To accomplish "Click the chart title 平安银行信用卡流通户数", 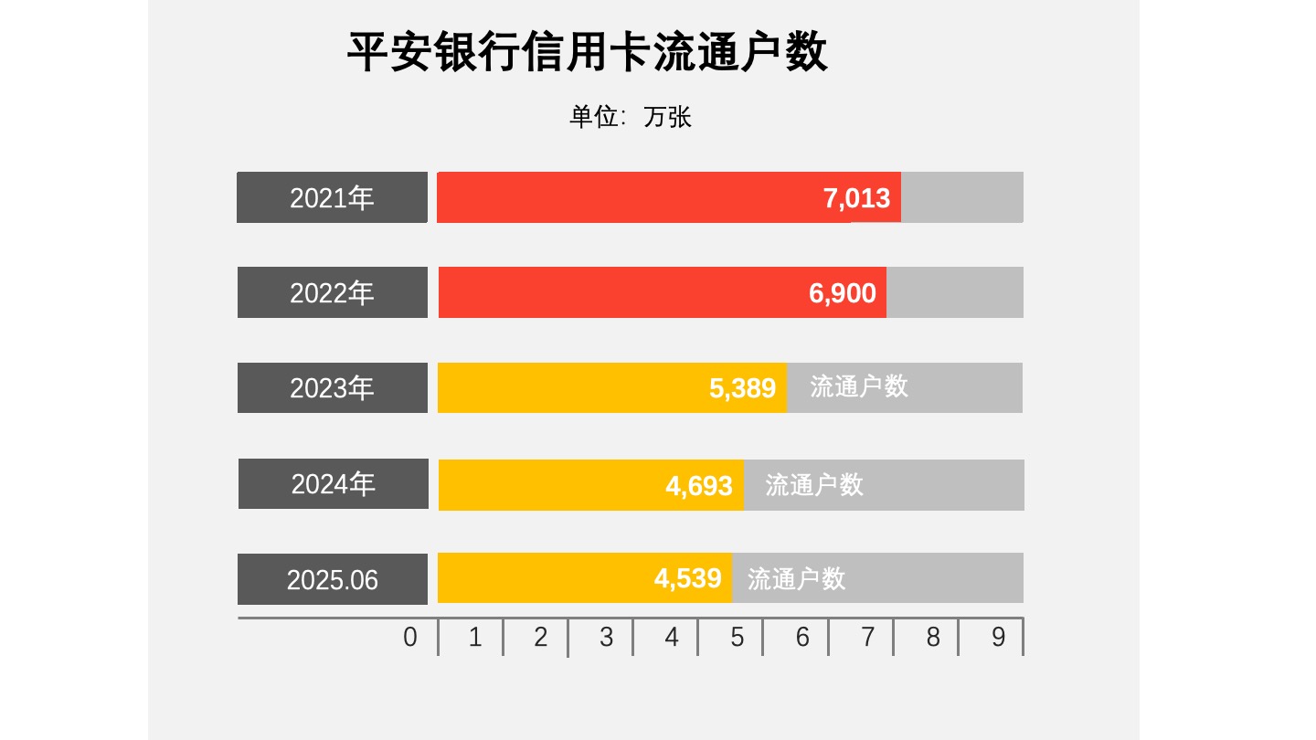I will [x=588, y=52].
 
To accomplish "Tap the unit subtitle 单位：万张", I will [x=631, y=117].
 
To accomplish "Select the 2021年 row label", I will [x=332, y=197].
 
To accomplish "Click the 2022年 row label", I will [x=332, y=292].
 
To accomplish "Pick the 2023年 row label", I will [x=332, y=388].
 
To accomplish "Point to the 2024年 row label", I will [x=334, y=484].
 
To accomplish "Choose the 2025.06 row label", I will [x=332, y=579].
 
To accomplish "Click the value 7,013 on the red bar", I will [x=856, y=197].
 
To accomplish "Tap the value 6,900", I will [x=842, y=293].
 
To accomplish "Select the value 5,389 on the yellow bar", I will [x=742, y=388].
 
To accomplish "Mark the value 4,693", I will [x=698, y=485].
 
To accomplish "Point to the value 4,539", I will [x=687, y=578].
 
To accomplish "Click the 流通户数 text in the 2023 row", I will [x=859, y=386].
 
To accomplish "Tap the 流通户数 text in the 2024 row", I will [x=814, y=485].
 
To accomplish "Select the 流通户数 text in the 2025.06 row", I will [x=796, y=578].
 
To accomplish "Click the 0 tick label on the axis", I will [x=410, y=637].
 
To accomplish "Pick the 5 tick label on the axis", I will [x=737, y=637].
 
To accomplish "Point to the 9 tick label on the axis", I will [x=998, y=637].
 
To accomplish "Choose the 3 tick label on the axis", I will [x=606, y=637].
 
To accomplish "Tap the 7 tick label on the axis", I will [x=867, y=637].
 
